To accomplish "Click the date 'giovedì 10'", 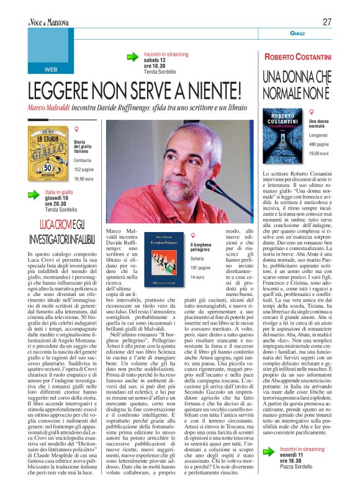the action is pos(59,199).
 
